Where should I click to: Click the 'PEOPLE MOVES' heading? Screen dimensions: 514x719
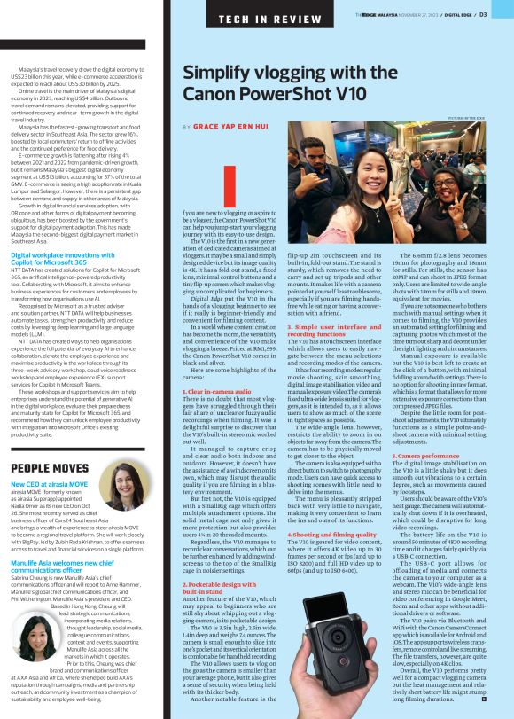pos(50,467)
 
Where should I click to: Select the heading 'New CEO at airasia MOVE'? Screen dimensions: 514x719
pos(50,485)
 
